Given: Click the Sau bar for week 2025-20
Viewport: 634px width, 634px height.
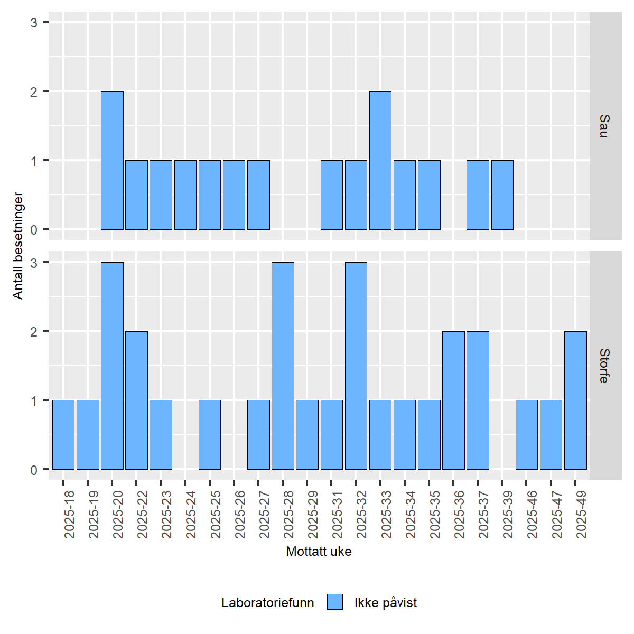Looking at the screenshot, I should tap(112, 161).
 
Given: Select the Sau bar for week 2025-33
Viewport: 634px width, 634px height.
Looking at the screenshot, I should tap(380, 161).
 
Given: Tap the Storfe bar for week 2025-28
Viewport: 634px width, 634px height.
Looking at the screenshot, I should tap(283, 366).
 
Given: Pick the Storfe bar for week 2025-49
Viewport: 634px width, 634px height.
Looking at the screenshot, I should tap(575, 400).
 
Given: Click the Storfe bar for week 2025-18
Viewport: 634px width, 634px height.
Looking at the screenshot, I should tap(63, 435).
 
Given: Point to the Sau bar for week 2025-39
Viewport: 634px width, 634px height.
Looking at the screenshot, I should tap(502, 195).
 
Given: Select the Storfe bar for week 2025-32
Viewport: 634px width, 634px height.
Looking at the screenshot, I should tap(356, 366).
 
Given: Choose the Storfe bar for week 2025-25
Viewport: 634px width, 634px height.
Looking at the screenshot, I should tap(210, 435).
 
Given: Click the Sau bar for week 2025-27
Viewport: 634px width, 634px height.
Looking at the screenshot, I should tap(258, 195).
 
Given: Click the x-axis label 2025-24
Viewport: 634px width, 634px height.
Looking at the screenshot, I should tap(191, 515).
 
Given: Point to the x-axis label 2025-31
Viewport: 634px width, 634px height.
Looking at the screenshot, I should tap(337, 515).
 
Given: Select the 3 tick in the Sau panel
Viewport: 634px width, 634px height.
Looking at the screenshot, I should tap(34, 23).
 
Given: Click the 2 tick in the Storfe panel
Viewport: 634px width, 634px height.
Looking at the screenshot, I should tap(34, 332).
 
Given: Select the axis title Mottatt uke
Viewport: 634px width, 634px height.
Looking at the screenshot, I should tap(319, 552).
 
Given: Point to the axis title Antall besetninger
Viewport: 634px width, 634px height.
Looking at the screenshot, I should tap(18, 246).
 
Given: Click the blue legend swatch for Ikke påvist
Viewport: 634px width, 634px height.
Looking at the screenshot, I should tap(335, 602).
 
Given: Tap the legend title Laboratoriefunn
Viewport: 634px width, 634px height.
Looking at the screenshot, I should tap(267, 603).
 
